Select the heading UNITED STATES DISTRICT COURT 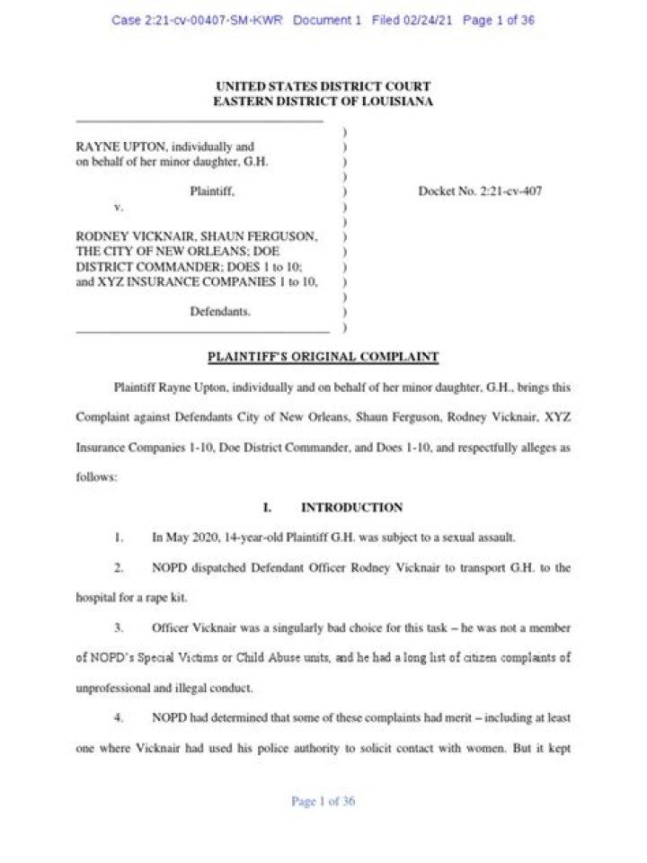323,86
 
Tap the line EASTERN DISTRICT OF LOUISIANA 323,102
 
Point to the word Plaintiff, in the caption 213,191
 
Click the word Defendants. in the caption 219,312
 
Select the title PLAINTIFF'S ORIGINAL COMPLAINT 323,357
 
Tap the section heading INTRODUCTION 351,507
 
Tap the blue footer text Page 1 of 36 323,802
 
